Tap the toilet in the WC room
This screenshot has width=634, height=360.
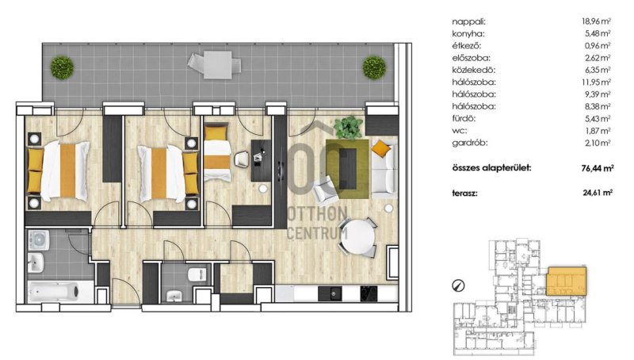click(197, 274)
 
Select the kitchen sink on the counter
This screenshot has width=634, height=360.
click(330, 293)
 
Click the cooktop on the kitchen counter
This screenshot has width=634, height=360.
click(369, 293)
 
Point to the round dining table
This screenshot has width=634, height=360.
click(358, 237)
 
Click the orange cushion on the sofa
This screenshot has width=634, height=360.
click(381, 148)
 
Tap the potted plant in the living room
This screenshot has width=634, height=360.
click(348, 128)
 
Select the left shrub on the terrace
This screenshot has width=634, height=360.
click(62, 67)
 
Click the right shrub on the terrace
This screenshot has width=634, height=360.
click(374, 67)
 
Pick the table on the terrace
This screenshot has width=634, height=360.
click(218, 65)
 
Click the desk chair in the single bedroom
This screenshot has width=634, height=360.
click(242, 159)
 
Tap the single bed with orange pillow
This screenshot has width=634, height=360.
click(216, 151)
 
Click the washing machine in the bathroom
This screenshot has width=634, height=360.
click(39, 240)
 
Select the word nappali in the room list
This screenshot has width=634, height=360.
click(468, 22)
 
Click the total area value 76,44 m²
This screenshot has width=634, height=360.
click(598, 168)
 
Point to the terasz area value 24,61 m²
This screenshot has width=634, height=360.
click(598, 193)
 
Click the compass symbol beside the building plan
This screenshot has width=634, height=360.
click(458, 286)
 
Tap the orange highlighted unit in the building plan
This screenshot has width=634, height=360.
click(566, 281)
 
